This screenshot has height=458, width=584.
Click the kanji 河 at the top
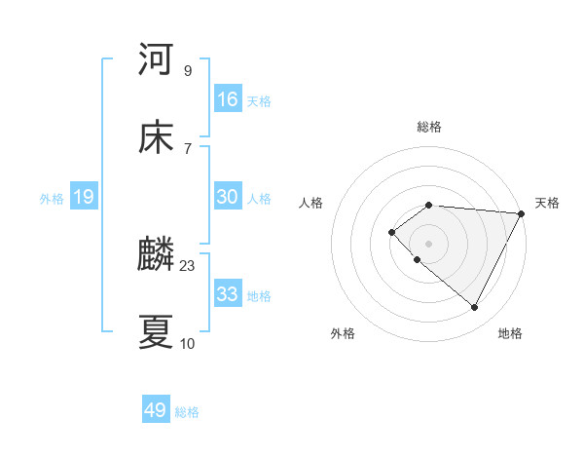(x=156, y=59)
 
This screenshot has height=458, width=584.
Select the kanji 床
(x=156, y=137)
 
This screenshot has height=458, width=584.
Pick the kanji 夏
(x=156, y=332)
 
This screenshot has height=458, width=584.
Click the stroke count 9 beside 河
(x=187, y=71)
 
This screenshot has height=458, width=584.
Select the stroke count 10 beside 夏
(x=187, y=343)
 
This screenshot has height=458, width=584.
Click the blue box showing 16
(x=228, y=99)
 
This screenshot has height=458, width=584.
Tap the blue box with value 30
(x=228, y=197)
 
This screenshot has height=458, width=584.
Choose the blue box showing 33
(x=228, y=294)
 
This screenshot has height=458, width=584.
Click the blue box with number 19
(x=84, y=198)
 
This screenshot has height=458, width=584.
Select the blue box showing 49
(x=156, y=411)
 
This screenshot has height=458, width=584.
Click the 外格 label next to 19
(x=52, y=199)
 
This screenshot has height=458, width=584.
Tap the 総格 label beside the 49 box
(x=188, y=412)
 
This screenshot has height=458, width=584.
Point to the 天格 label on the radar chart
(x=547, y=203)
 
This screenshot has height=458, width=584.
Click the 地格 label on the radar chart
(x=510, y=334)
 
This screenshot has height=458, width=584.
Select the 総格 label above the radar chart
(x=429, y=127)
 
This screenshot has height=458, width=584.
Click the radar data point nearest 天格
(x=522, y=213)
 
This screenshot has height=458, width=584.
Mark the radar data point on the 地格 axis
(x=475, y=308)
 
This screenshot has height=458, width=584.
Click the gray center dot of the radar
(x=428, y=243)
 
